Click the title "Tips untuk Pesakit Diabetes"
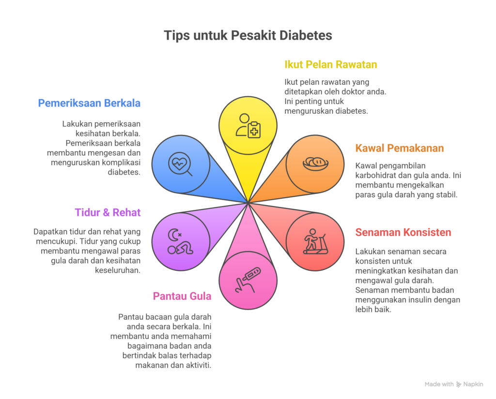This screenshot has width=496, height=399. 248,36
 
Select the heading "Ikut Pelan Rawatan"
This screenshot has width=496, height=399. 331,65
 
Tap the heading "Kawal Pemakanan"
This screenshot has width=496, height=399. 400,148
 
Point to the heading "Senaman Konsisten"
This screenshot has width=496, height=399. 403,232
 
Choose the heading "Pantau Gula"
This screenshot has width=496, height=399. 182,296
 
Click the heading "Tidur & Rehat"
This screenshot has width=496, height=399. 108,212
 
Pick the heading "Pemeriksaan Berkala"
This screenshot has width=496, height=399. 89,103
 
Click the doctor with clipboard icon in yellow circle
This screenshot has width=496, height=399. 248,126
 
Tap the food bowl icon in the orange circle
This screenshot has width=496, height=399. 315,163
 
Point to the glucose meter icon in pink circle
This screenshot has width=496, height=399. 248,280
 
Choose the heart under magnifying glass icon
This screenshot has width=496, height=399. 180,163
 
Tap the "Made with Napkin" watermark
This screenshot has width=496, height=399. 454,384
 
